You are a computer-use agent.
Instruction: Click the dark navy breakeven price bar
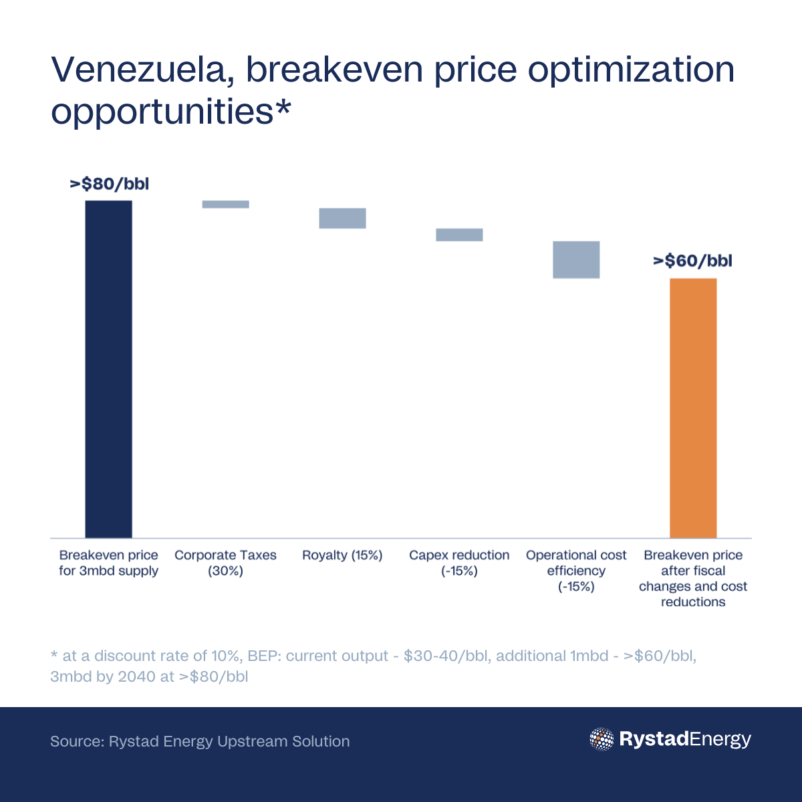point(108,369)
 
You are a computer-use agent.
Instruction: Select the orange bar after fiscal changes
point(693,408)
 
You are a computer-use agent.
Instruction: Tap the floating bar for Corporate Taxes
point(225,205)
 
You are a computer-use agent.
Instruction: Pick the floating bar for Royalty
point(342,219)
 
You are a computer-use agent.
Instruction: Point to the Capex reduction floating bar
point(459,235)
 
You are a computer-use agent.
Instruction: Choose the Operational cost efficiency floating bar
point(576,259)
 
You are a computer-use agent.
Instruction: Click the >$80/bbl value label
point(109,184)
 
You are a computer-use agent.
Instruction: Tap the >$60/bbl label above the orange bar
point(692,261)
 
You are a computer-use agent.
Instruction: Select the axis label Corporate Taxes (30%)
point(225,563)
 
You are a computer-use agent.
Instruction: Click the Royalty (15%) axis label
point(342,555)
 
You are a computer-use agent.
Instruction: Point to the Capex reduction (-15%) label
point(459,563)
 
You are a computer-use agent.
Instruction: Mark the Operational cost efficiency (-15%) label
point(576,571)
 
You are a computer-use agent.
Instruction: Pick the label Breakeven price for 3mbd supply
point(108,563)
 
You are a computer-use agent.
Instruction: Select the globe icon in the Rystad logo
point(601,739)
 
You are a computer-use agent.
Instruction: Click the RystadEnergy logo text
point(685,739)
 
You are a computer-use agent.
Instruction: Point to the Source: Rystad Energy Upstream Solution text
point(200,741)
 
